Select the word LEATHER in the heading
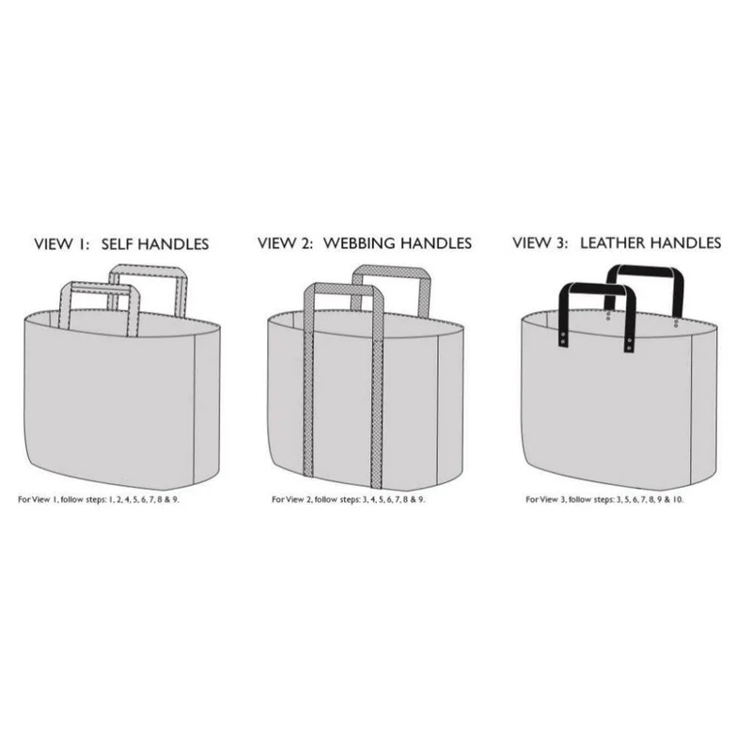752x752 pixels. pyautogui.click(x=614, y=243)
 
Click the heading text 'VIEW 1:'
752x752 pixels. pyautogui.click(x=62, y=244)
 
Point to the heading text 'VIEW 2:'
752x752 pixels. pyautogui.click(x=286, y=243)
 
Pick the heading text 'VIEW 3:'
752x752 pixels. pyautogui.click(x=540, y=243)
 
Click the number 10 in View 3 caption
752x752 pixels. pyautogui.click(x=677, y=500)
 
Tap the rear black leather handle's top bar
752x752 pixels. pyautogui.click(x=644, y=271)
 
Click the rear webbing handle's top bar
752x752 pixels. pyautogui.click(x=391, y=271)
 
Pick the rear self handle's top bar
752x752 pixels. pyautogui.click(x=148, y=271)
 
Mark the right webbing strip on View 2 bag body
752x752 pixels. pyautogui.click(x=378, y=410)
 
